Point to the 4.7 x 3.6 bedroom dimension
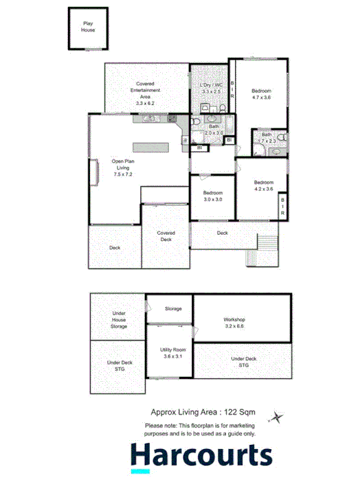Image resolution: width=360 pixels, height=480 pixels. coord(260,98)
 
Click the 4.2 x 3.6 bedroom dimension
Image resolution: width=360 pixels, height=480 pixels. coord(263,188)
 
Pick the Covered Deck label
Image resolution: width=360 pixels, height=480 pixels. coord(166,236)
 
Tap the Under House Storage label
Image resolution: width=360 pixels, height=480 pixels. coord(120,319)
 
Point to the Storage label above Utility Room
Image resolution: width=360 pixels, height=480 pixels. coord(173,308)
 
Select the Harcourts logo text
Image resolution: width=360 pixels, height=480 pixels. coord(201,456)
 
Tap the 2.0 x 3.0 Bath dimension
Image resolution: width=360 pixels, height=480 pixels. coord(214,133)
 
